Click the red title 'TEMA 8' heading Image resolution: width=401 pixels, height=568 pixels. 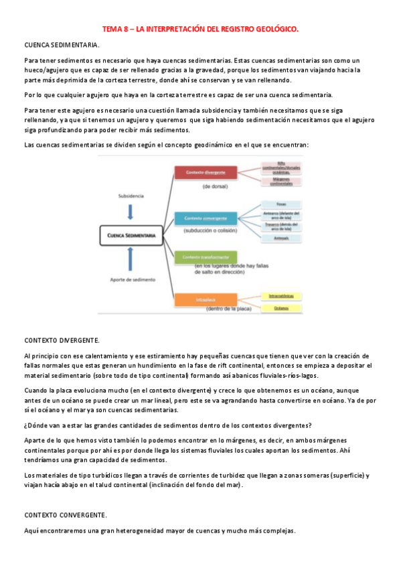tap(200, 29)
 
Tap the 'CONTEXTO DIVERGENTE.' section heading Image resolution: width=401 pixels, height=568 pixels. tap(62, 340)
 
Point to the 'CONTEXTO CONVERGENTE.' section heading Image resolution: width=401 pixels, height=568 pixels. tap(65, 515)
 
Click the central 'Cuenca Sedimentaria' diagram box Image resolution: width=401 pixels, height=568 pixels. tap(129, 236)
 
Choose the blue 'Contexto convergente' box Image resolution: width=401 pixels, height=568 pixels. tap(206, 218)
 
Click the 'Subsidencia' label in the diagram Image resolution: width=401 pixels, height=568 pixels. tap(131, 196)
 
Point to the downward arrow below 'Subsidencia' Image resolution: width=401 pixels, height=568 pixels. tap(131, 212)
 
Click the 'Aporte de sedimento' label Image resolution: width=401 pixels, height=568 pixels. tap(131, 279)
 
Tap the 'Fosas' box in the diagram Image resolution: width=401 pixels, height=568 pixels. tap(281, 205)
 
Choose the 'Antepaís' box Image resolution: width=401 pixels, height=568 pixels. tap(281, 238)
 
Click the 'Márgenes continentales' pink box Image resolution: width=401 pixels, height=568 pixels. tap(280, 181)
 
